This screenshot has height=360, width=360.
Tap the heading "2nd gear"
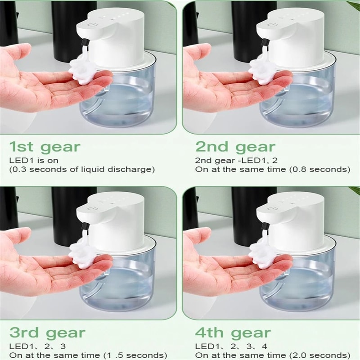(234, 147)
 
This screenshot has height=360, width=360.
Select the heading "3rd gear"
(47, 333)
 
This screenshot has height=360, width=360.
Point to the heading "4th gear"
(233, 333)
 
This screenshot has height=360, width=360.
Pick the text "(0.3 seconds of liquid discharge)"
(82, 169)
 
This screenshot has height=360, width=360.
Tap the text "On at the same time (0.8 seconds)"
(272, 169)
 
